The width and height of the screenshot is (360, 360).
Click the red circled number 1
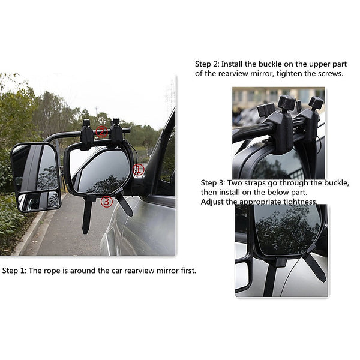[x=139, y=170]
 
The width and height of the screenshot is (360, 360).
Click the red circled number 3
[x=107, y=202]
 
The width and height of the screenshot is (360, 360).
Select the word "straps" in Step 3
[x=260, y=182]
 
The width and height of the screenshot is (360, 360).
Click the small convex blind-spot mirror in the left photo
[x=38, y=201]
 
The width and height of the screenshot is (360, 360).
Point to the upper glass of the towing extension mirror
[x=37, y=167]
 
